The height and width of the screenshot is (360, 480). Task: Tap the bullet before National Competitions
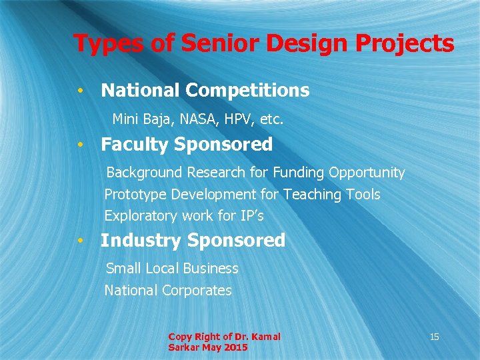[x=79, y=90]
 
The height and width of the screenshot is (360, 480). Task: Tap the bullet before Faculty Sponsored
[x=79, y=144]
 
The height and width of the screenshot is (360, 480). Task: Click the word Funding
[x=297, y=173]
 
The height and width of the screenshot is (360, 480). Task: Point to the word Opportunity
[x=367, y=173]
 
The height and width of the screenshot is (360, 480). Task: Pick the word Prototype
[x=135, y=195]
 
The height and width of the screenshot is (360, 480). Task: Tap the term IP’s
[x=251, y=216]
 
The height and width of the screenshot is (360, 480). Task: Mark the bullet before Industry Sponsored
[x=79, y=240]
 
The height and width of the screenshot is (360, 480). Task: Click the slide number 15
[x=434, y=337]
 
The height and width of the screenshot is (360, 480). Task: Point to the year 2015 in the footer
[x=236, y=347]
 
